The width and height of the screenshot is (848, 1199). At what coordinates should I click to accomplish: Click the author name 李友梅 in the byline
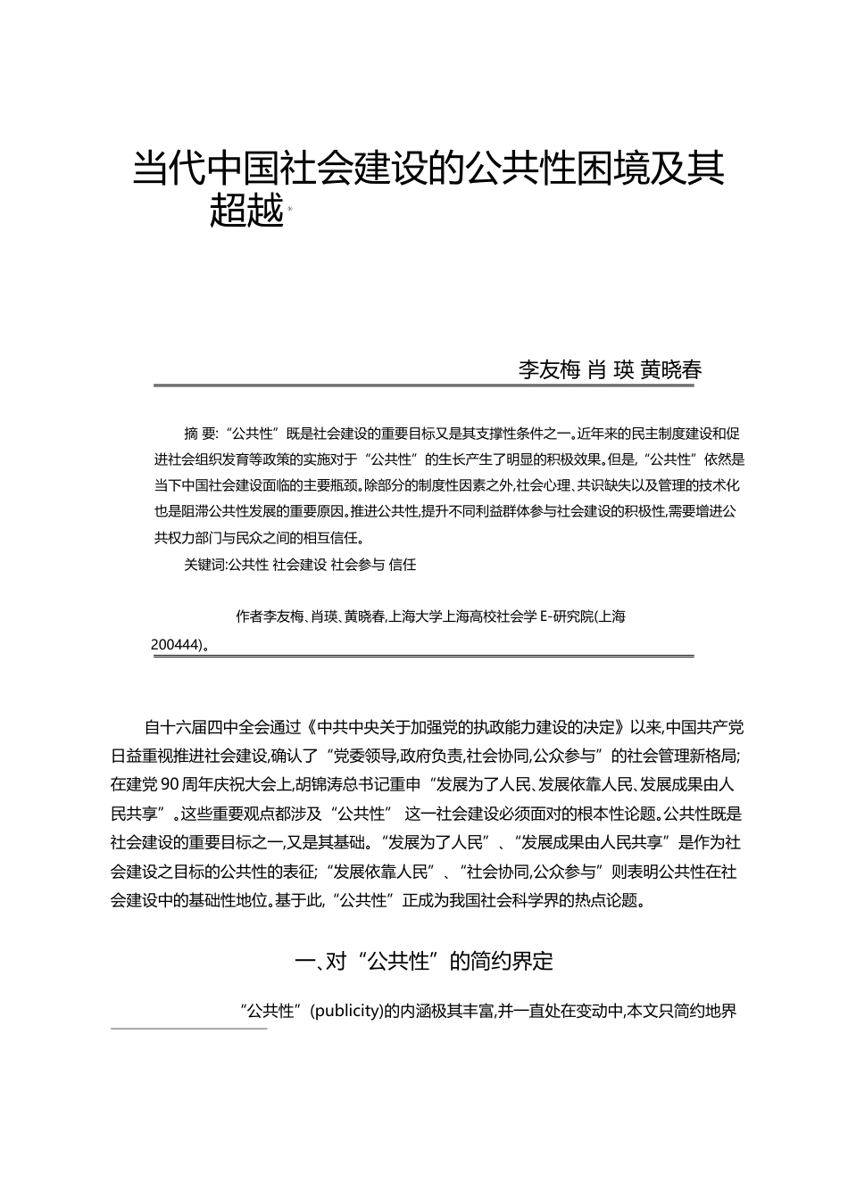pyautogui.click(x=550, y=370)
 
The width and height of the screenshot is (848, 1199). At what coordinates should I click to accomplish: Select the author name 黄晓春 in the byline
pyautogui.click(x=671, y=370)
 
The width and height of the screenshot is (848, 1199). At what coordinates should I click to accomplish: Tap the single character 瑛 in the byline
pyautogui.click(x=622, y=370)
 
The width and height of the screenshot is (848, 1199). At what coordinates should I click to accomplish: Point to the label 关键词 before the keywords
pyautogui.click(x=204, y=565)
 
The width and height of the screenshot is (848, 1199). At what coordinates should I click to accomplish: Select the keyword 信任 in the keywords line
pyautogui.click(x=403, y=565)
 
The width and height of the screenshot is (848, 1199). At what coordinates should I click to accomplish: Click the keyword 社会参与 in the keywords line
pyautogui.click(x=357, y=565)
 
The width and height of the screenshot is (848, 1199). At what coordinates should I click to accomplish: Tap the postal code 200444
pyautogui.click(x=176, y=642)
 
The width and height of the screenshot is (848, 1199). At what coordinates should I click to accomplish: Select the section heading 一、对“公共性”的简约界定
pyautogui.click(x=423, y=961)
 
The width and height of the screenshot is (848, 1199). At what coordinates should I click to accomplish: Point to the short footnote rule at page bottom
pyautogui.click(x=189, y=1029)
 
